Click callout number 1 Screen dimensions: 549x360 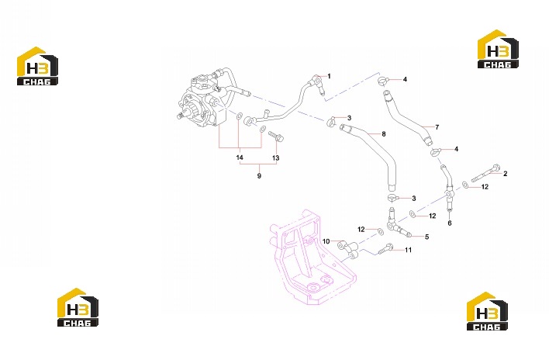tap(329, 76)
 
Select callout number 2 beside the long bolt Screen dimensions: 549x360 tap(506, 173)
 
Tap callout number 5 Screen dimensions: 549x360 tap(426, 237)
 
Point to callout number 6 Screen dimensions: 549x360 tap(450, 223)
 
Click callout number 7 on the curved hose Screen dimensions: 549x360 tap(437, 127)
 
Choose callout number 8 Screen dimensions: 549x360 tap(384, 133)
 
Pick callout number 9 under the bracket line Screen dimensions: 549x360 tap(259, 176)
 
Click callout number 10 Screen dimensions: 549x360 tap(326, 241)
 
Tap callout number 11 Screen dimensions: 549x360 tap(408, 250)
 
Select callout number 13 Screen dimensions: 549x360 tap(276, 158)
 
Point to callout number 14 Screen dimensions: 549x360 tap(240, 157)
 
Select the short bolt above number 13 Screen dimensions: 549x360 tap(276, 137)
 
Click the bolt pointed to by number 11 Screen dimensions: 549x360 tap(386, 249)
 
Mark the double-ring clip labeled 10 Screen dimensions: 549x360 tap(347, 249)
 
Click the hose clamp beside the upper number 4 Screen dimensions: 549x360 tap(382, 81)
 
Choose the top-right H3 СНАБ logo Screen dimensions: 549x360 tap(498, 49)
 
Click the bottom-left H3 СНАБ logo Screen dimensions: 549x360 tap(78, 307)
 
